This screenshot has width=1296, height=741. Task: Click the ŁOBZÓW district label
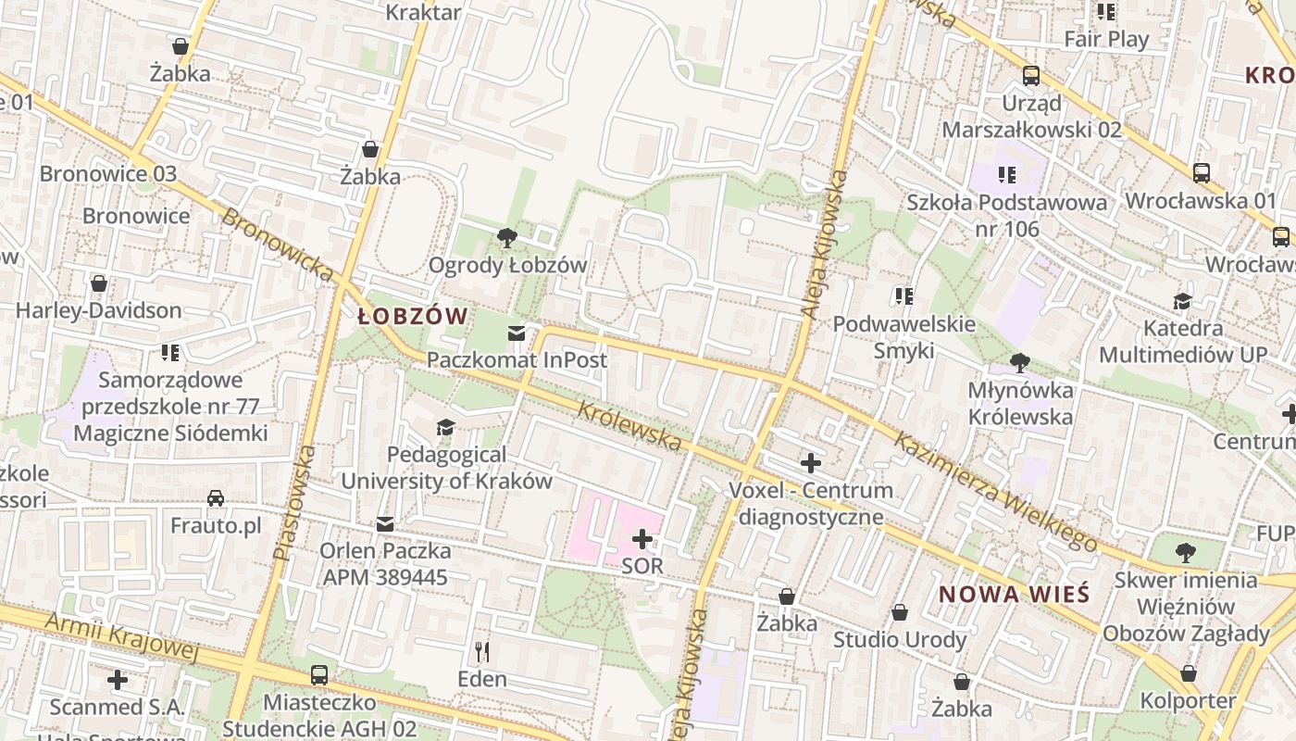click(413, 317)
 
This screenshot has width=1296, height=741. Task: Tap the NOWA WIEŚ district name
click(1015, 595)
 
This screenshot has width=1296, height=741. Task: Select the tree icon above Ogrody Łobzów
click(506, 238)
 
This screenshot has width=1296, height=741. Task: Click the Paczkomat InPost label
click(517, 359)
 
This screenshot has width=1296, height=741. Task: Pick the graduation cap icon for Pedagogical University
click(445, 427)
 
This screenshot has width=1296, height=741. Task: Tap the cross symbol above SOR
click(642, 538)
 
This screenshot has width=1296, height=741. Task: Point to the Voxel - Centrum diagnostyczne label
click(811, 503)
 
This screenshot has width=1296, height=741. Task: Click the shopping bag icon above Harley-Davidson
click(99, 283)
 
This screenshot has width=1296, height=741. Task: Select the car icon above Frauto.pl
click(216, 498)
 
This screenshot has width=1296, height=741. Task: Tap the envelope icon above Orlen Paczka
click(385, 524)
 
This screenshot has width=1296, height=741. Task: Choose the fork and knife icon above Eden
click(482, 652)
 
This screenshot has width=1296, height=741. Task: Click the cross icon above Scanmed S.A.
click(118, 680)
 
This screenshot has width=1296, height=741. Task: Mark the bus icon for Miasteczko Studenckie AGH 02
click(319, 674)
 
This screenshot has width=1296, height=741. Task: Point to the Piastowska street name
click(295, 503)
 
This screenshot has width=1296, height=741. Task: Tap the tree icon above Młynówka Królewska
click(1020, 362)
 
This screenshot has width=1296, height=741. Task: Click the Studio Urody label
click(900, 639)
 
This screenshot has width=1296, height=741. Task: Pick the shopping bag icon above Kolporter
click(1189, 672)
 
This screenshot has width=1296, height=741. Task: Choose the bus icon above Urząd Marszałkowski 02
click(1030, 76)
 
